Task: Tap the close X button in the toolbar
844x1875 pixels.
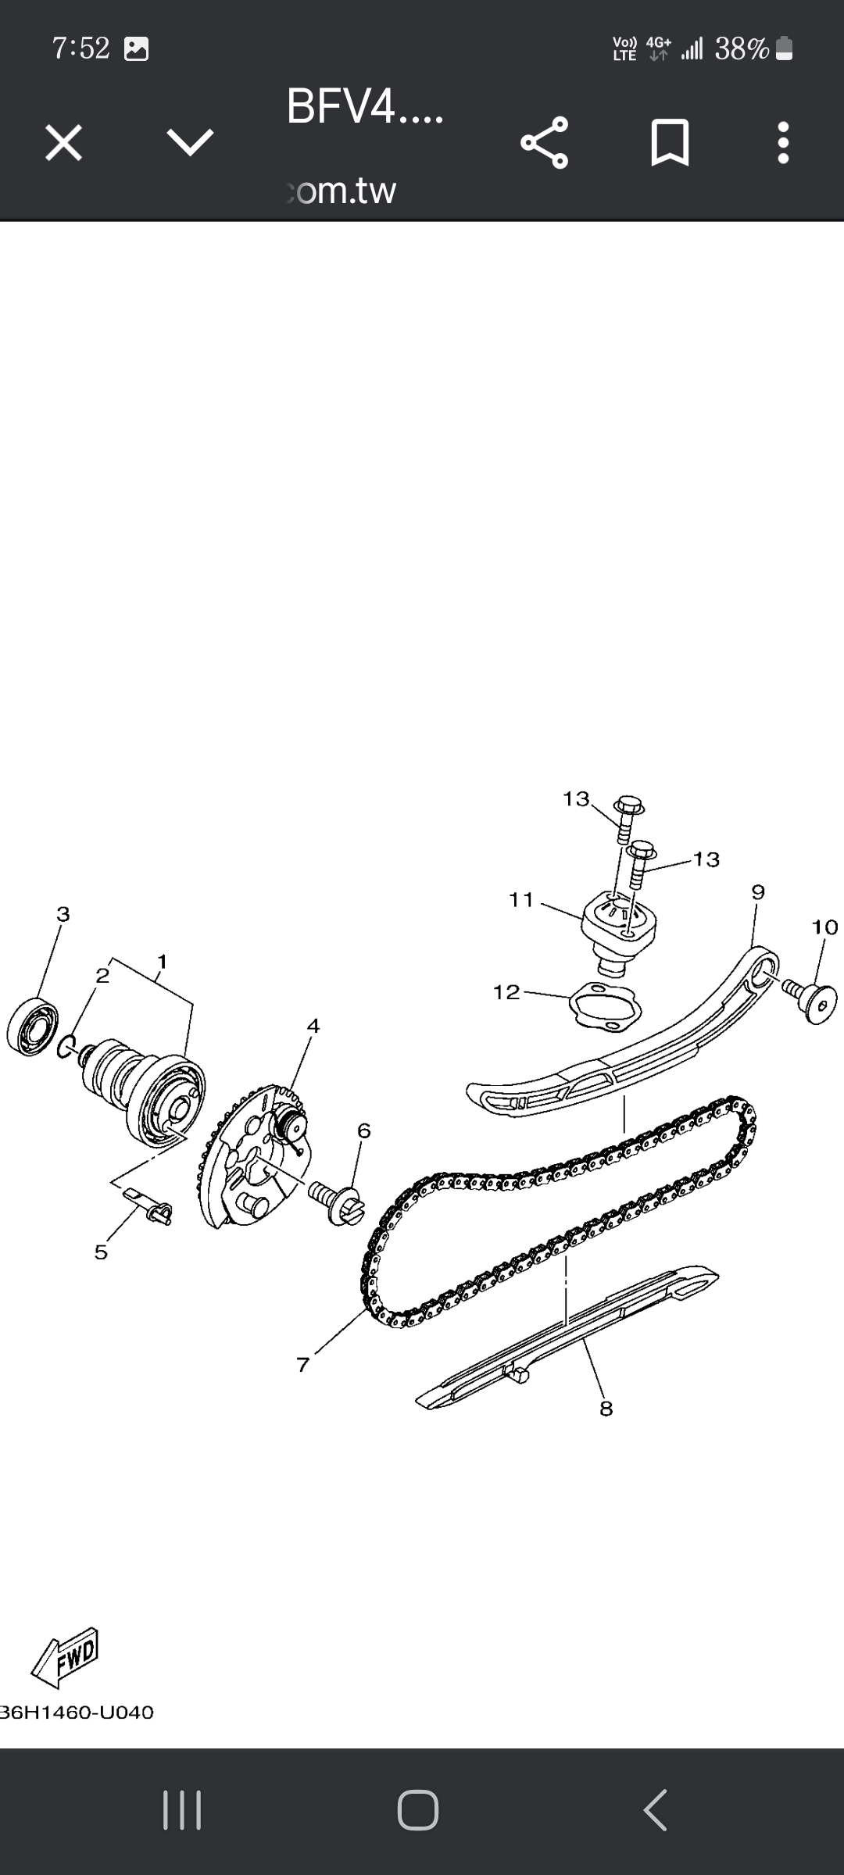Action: click(63, 143)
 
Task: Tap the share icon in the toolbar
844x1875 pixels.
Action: click(545, 143)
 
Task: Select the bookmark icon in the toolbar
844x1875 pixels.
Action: click(670, 143)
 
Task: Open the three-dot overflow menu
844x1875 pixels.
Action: click(783, 143)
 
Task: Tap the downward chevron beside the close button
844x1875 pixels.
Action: click(190, 142)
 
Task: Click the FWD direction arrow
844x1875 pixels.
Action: click(66, 1657)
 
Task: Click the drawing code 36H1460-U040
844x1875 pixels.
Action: click(77, 1712)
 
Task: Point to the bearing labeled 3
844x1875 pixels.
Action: click(32, 1027)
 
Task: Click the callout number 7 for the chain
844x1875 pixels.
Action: click(303, 1365)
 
